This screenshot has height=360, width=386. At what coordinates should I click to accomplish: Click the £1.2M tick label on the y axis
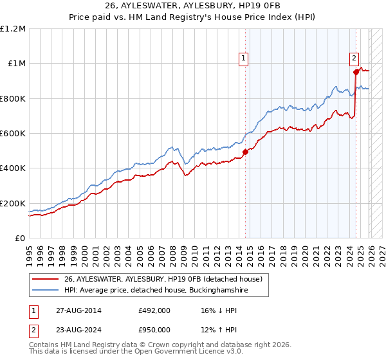[14, 29]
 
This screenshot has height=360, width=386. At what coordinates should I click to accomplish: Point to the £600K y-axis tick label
[13, 134]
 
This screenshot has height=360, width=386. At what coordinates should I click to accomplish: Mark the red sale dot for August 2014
[245, 152]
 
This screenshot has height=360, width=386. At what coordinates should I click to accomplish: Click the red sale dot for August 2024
[356, 72]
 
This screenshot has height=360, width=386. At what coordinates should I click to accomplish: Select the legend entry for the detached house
[163, 280]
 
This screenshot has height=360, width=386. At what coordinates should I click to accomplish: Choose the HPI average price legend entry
[156, 291]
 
